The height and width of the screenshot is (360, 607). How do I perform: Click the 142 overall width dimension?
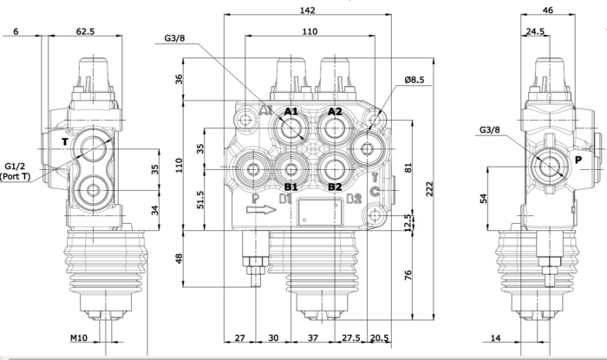(307, 10)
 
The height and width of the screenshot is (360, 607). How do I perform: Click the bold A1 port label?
(291, 112)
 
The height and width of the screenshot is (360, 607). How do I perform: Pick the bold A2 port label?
(335, 112)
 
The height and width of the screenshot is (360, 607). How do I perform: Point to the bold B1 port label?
(290, 186)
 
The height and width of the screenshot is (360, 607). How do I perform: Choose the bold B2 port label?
(334, 186)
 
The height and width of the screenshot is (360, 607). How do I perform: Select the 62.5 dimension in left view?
(85, 31)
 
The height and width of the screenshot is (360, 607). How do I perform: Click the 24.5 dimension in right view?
(534, 31)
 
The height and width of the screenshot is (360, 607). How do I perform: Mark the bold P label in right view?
(577, 160)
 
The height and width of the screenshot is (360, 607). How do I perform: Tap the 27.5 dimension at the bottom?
(351, 337)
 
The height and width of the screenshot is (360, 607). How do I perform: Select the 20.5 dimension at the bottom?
(380, 337)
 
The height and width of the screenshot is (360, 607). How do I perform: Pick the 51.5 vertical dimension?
(200, 199)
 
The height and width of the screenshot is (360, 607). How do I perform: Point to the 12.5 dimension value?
(406, 224)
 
